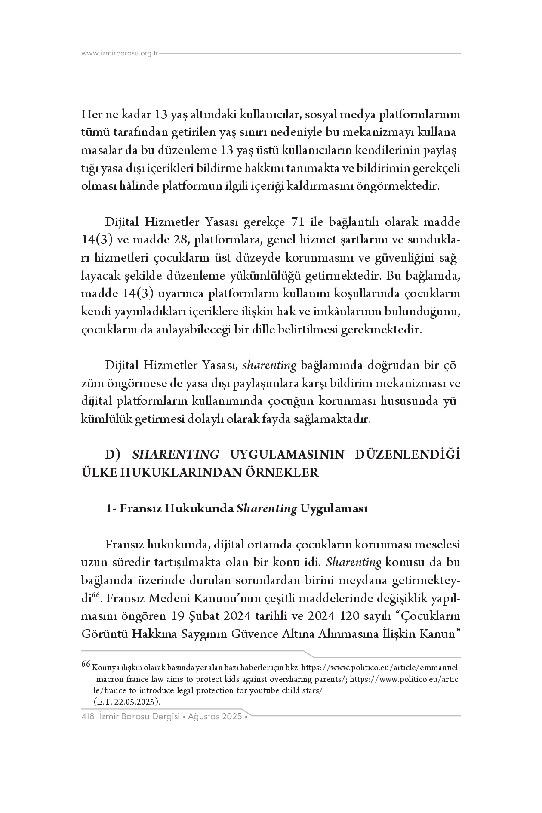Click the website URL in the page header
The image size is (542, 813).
120,54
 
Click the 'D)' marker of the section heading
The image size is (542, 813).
115,455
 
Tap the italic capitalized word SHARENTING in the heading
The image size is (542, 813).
176,455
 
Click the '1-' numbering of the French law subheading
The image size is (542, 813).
111,508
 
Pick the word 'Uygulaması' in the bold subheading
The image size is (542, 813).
333,508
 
